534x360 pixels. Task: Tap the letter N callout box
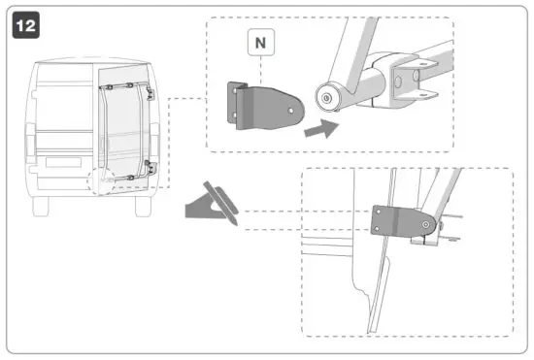click(262, 44)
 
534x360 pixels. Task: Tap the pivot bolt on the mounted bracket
click(425, 225)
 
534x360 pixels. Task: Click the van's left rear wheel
click(40, 205)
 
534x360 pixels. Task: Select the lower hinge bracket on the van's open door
click(147, 164)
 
